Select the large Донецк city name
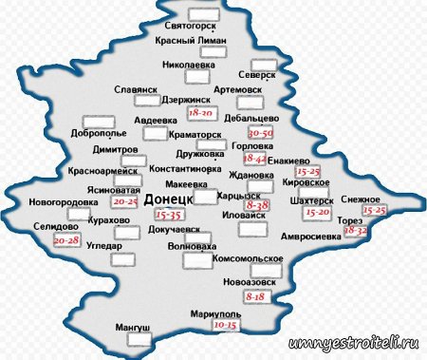pos(169,199)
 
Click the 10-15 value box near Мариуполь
pos(225,325)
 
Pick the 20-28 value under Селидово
pos(67,241)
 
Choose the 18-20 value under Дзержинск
pos(202,112)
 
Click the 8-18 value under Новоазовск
pos(254,296)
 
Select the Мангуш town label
pos(133,328)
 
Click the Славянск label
pos(135,89)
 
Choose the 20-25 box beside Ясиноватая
pos(125,202)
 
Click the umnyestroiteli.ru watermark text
pos(352,342)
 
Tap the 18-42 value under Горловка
pos(255,159)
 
